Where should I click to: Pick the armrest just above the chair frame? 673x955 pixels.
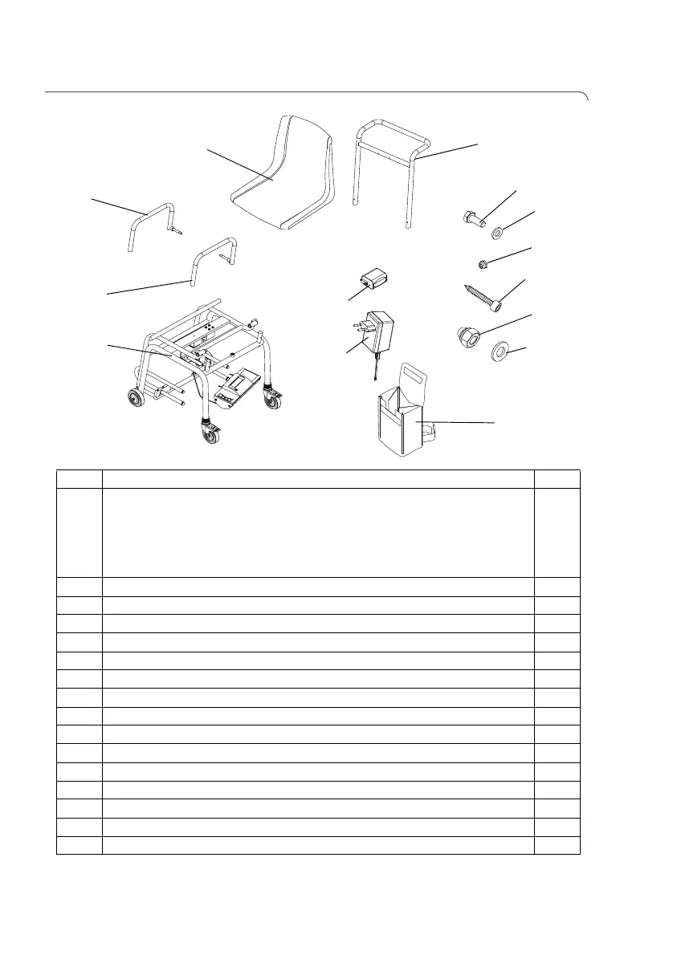click(214, 253)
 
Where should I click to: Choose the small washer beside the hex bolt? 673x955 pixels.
click(496, 233)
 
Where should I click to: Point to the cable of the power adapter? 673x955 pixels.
click(375, 370)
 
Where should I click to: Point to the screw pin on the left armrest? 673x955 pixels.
click(175, 230)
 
